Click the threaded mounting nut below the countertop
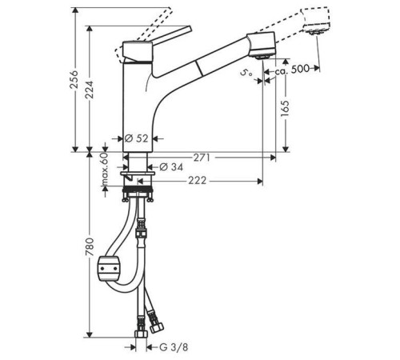tap(141, 192)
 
